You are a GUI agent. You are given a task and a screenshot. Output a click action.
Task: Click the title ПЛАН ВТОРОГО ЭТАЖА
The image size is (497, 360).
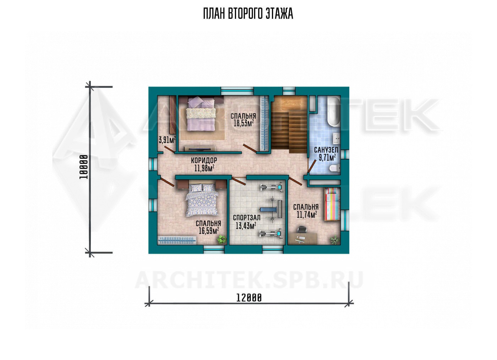248,14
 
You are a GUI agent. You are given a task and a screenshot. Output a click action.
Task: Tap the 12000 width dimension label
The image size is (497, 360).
249,298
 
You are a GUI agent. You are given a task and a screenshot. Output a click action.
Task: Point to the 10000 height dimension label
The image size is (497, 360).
84,167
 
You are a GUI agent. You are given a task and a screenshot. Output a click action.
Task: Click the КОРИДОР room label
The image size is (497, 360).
204,160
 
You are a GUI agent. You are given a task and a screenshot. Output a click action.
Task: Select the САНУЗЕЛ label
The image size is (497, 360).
326,150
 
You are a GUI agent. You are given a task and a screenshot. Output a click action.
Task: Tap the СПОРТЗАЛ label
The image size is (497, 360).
246,218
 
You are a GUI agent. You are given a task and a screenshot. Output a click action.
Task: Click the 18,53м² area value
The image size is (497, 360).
244,123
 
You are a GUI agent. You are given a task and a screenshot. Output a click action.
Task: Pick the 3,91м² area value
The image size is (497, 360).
167,140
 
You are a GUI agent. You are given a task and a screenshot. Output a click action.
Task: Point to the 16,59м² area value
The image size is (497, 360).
209,231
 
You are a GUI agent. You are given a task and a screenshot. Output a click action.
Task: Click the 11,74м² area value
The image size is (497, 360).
306,215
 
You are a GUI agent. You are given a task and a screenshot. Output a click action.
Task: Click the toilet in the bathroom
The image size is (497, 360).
334,168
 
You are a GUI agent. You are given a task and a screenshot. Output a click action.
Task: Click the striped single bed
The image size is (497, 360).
332,204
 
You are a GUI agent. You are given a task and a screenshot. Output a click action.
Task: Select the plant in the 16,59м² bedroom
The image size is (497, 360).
222,239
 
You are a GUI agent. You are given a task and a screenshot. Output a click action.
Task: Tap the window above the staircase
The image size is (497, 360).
289,91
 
